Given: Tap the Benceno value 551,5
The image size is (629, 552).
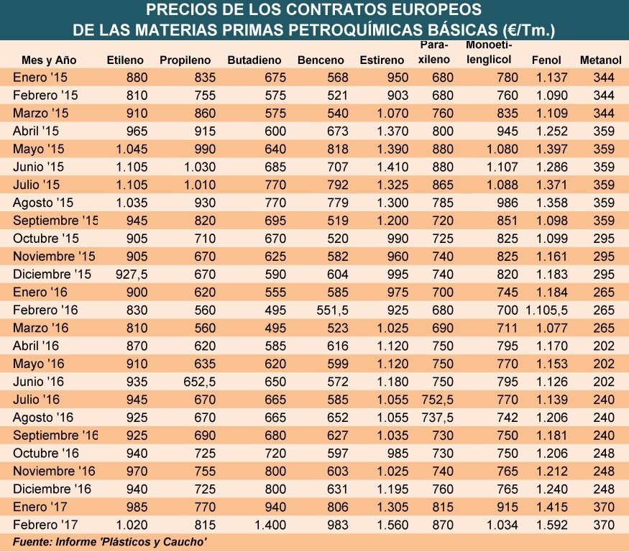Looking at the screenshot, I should [x=334, y=310].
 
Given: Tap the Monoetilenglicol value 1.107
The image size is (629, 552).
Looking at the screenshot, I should [x=501, y=167].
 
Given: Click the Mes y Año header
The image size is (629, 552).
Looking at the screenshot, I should [x=49, y=60].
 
